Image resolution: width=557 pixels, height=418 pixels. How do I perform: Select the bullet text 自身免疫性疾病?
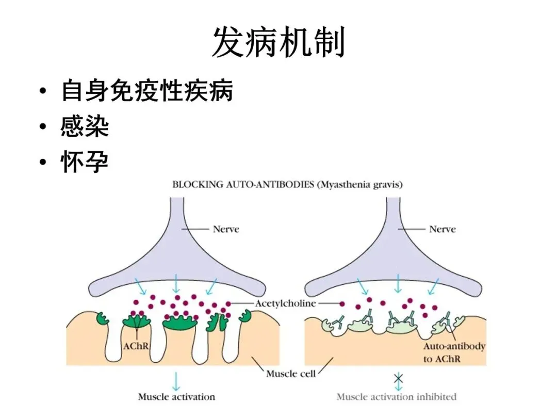pos(147,90)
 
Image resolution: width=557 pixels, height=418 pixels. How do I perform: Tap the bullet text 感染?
pos(85,126)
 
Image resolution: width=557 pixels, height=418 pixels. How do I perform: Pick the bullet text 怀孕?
pos(85,163)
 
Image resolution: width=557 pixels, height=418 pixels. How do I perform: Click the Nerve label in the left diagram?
pos(226,229)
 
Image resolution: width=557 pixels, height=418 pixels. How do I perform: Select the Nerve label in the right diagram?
pos(442,229)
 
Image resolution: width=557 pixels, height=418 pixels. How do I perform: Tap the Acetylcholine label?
pos(285,303)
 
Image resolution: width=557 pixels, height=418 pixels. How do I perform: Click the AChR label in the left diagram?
pos(136,346)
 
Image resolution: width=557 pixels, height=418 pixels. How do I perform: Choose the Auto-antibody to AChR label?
pos(454,352)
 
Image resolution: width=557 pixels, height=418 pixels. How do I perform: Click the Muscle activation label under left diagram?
pos(176,397)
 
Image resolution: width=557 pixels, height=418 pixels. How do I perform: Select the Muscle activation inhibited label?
pos(396,397)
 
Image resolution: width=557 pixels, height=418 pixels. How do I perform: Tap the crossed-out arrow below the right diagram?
pos(398,381)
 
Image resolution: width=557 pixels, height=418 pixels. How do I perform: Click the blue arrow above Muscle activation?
pos(176,381)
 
